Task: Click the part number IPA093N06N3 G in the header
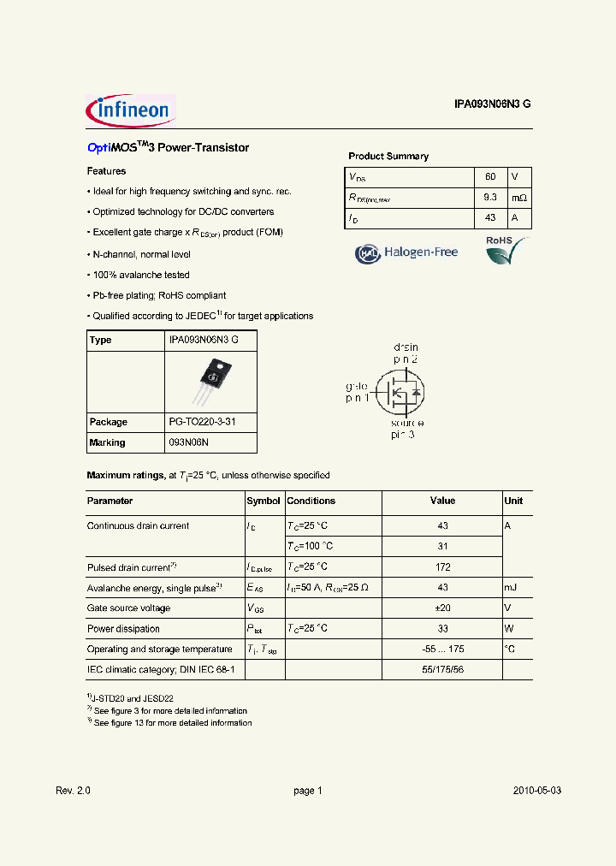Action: point(492,104)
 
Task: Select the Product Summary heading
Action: point(388,157)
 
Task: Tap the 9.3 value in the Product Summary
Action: point(490,198)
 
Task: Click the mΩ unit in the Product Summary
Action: point(519,198)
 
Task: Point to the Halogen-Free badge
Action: point(407,252)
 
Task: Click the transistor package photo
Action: point(210,382)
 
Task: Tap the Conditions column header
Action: point(311,501)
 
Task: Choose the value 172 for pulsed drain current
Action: point(442,566)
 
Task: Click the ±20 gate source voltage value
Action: point(442,608)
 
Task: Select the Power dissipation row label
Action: point(123,628)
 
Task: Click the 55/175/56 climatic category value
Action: point(442,669)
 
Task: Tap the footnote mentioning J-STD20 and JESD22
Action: point(130,698)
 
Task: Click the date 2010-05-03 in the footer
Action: point(536,791)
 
